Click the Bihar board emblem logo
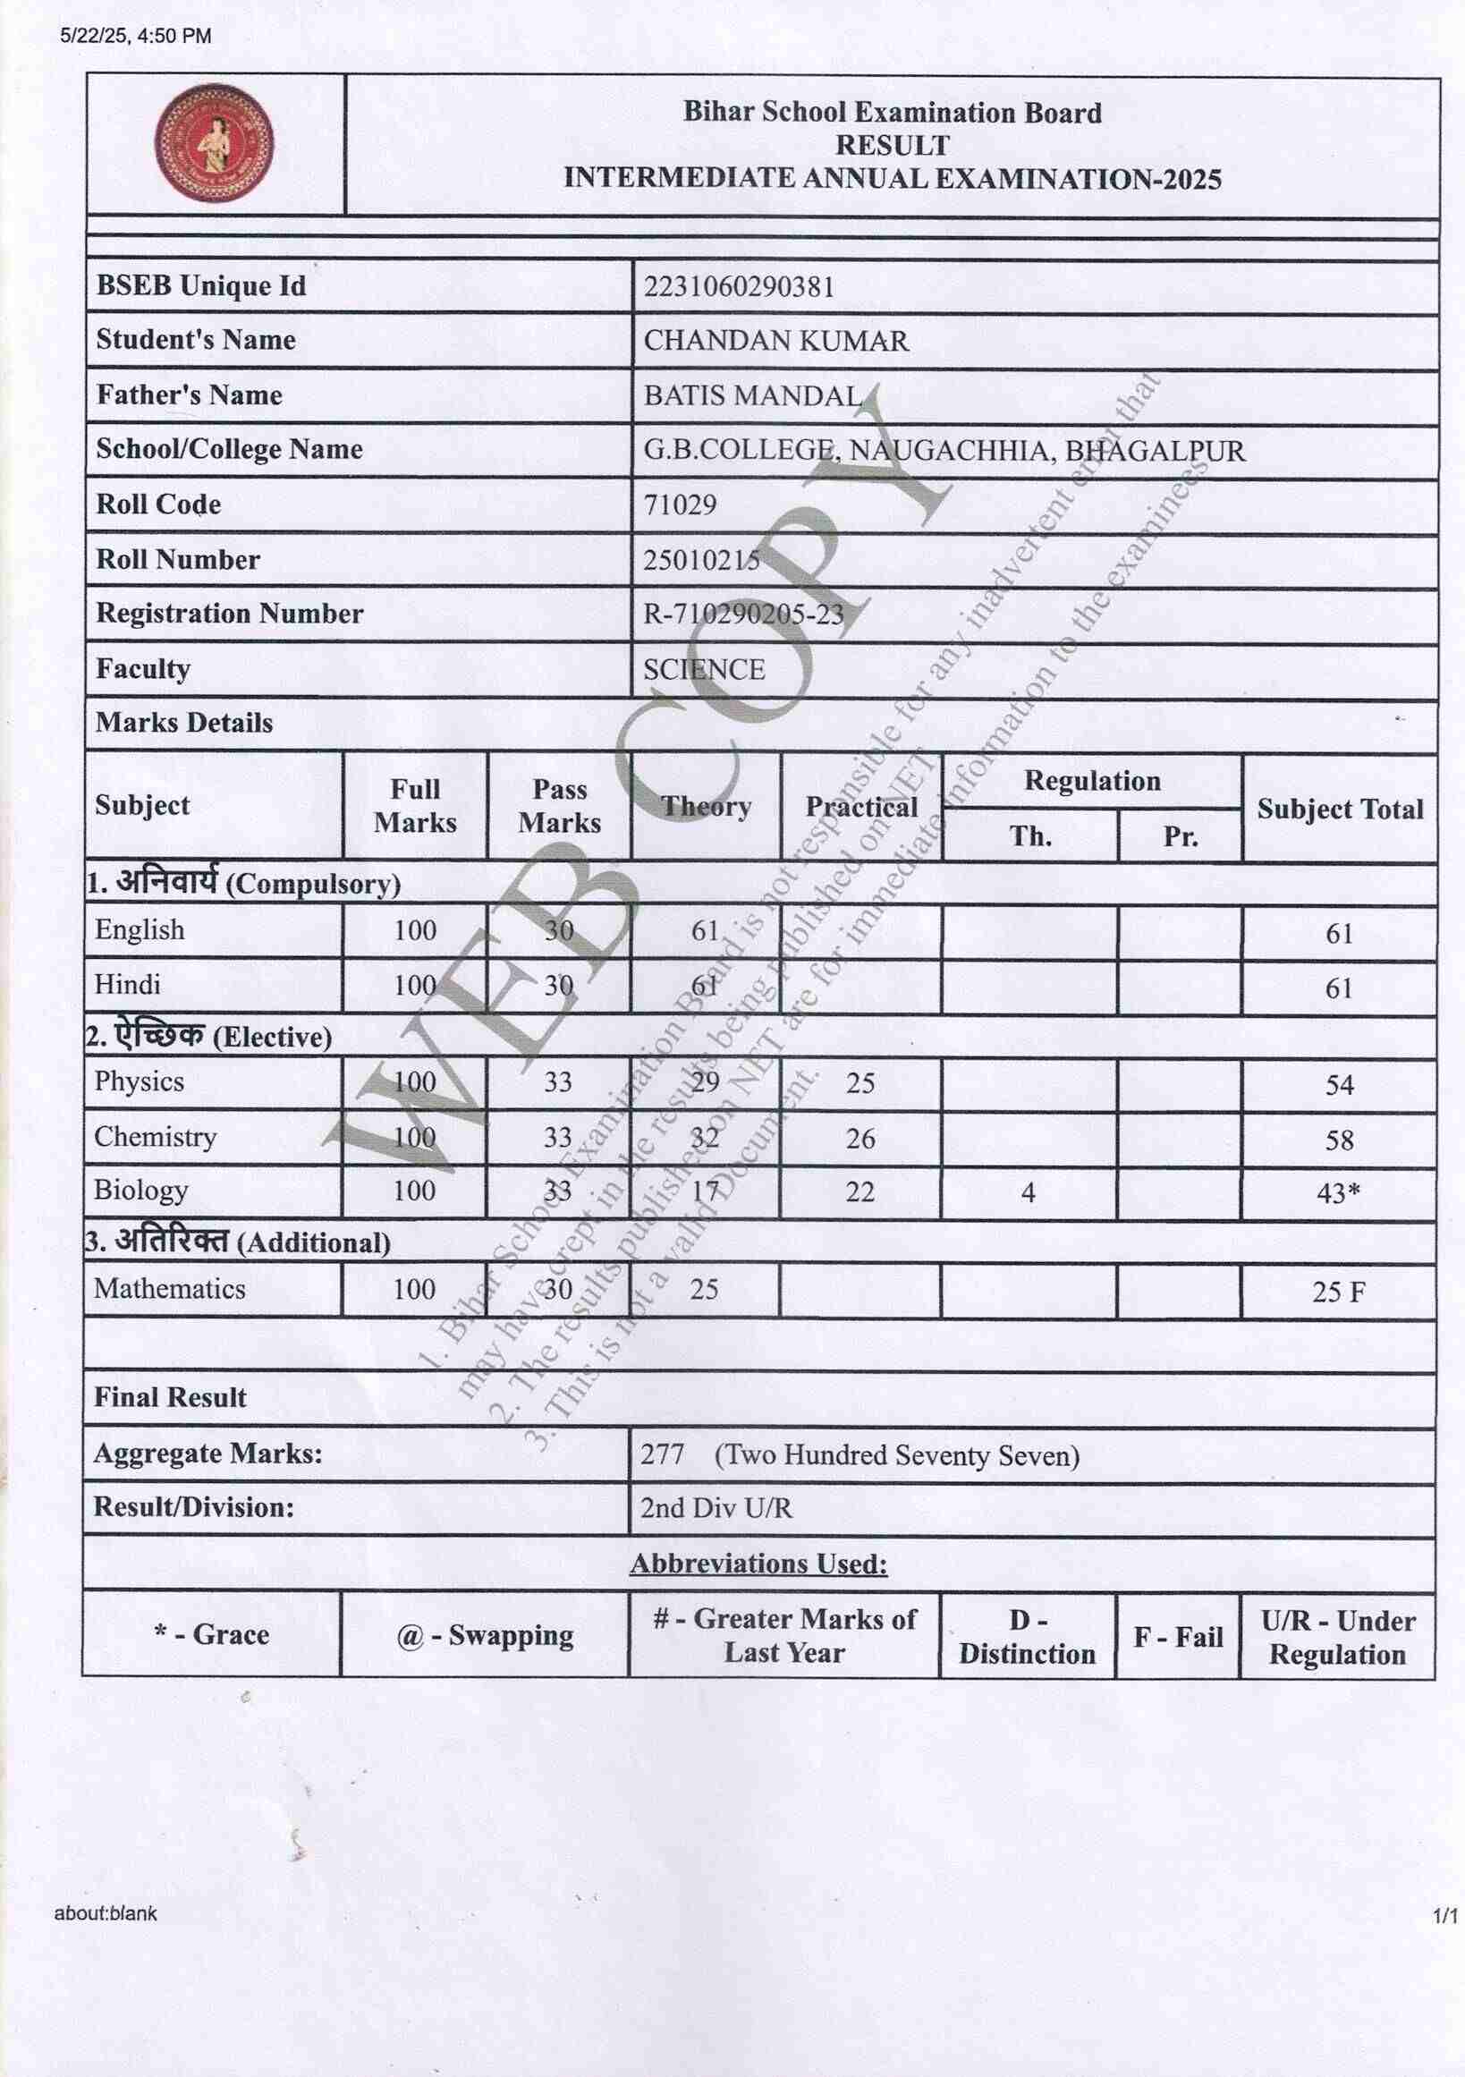click(x=215, y=143)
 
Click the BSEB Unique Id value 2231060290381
click(x=738, y=287)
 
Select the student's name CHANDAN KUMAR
click(x=776, y=341)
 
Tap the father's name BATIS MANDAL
click(x=752, y=395)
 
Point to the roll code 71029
click(x=679, y=504)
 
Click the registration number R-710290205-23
click(x=743, y=615)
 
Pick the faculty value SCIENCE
click(x=704, y=669)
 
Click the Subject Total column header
click(x=1339, y=809)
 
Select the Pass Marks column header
click(x=559, y=805)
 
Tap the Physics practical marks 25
click(x=860, y=1083)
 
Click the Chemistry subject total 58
click(x=1339, y=1140)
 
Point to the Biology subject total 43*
click(x=1338, y=1193)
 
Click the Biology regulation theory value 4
click(x=1029, y=1193)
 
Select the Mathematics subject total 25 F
click(x=1338, y=1292)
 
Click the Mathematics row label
click(x=169, y=1288)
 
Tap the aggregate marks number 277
click(x=662, y=1454)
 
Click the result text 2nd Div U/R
click(x=716, y=1508)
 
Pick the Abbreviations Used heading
click(x=758, y=1564)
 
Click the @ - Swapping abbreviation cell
click(x=485, y=1634)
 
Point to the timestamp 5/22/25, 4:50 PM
click(x=136, y=36)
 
